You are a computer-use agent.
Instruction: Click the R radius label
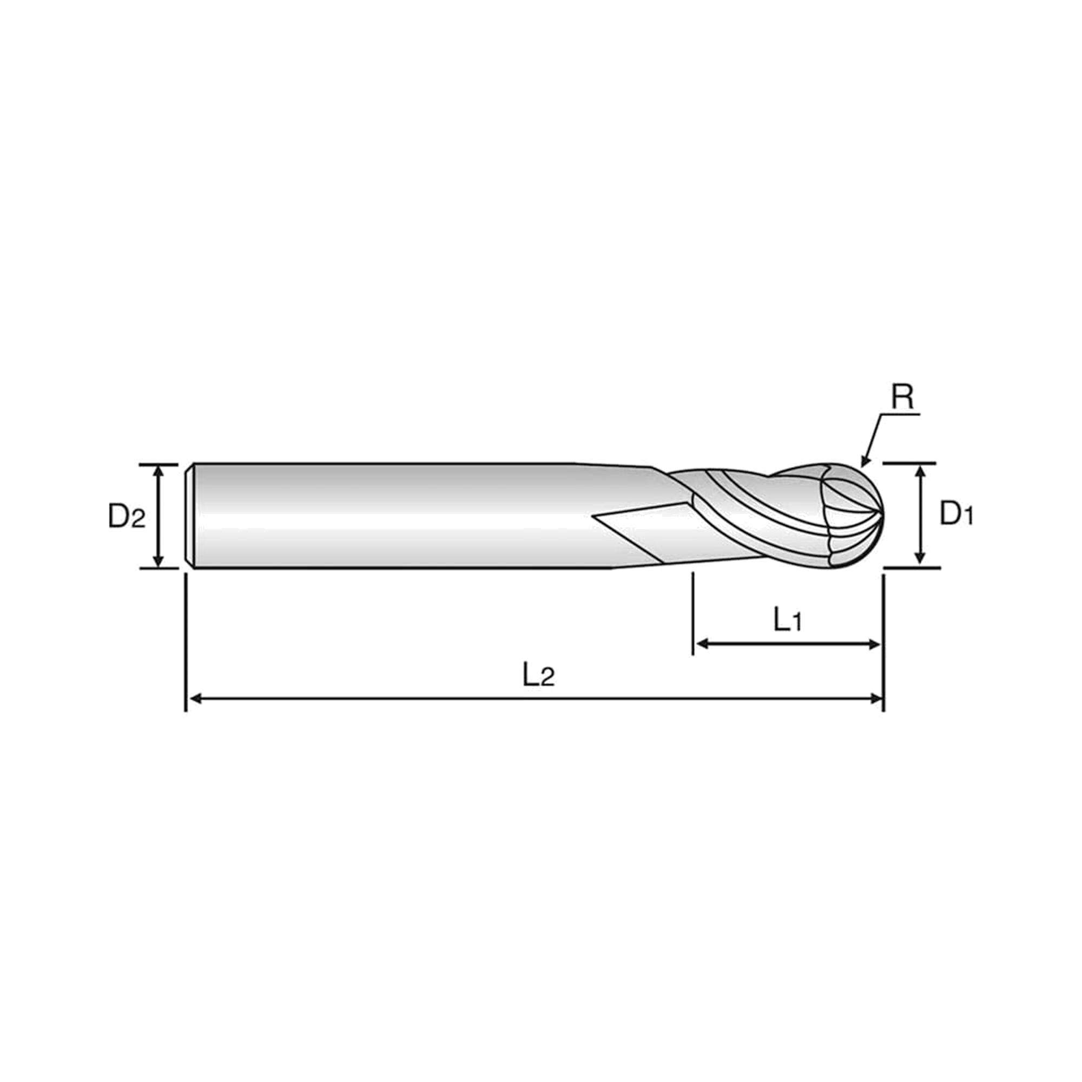point(902,397)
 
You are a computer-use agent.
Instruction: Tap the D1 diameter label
point(956,513)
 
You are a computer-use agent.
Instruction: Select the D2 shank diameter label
point(127,516)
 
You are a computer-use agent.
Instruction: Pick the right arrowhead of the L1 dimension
point(874,645)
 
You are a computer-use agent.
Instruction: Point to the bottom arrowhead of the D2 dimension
point(159,559)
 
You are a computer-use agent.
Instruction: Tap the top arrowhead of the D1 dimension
point(919,472)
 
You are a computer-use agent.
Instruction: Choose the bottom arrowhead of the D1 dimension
point(919,558)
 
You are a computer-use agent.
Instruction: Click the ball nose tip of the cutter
point(882,514)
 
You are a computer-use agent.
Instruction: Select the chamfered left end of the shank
point(190,516)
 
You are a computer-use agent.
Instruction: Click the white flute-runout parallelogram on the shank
point(644,531)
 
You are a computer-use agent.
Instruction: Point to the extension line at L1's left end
point(694,613)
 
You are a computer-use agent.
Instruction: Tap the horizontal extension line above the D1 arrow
point(909,463)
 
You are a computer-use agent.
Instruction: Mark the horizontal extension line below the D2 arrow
point(159,568)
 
